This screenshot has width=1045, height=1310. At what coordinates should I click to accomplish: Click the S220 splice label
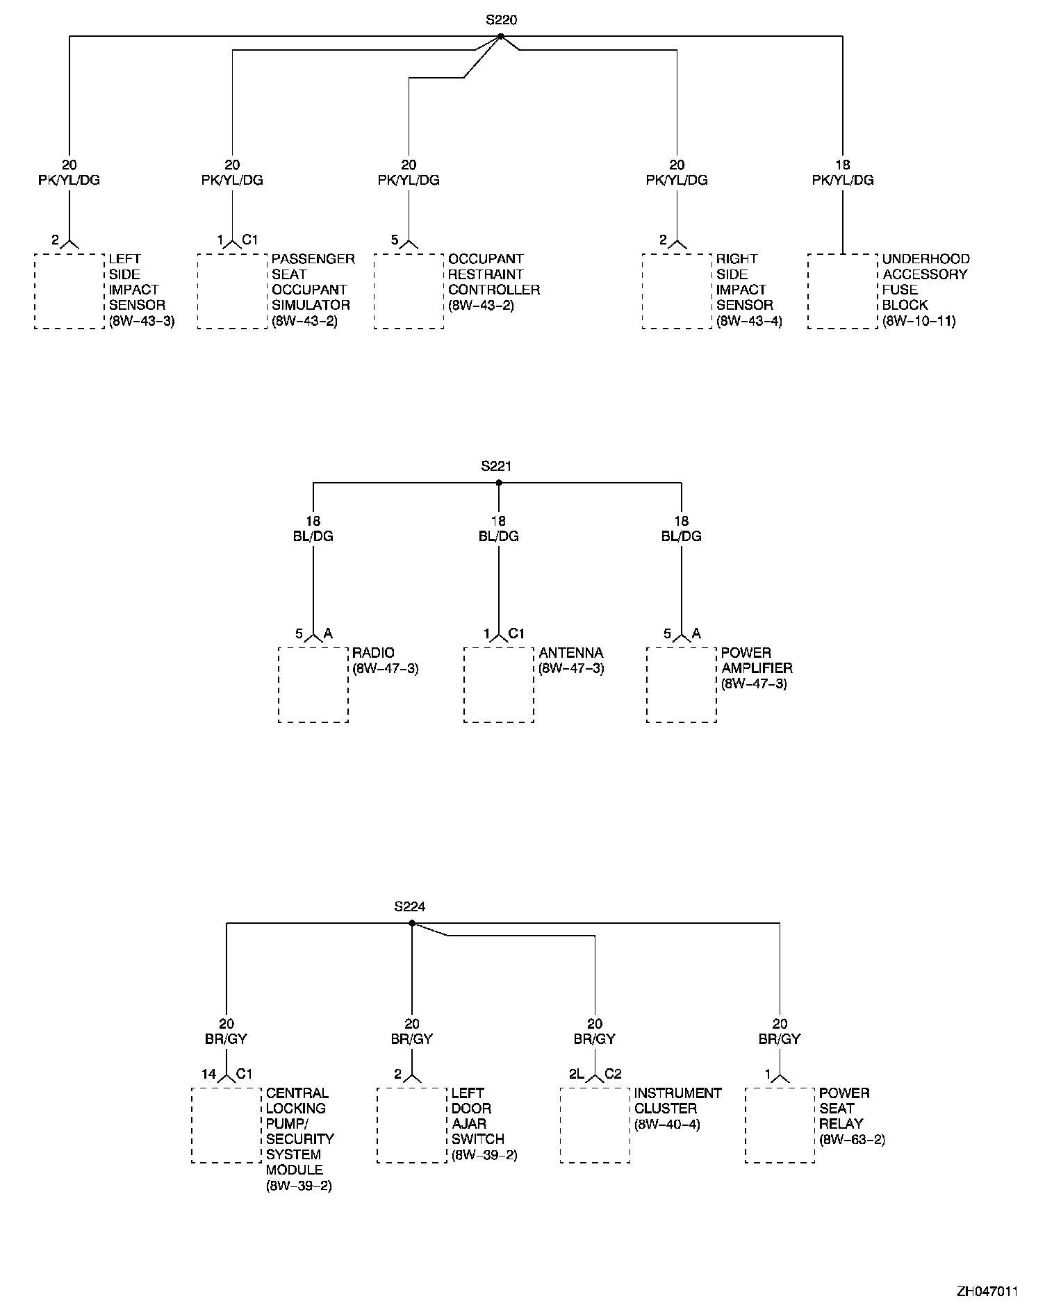[500, 20]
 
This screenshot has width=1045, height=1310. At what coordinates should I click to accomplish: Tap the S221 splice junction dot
[498, 483]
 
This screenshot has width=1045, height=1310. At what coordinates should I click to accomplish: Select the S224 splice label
[409, 906]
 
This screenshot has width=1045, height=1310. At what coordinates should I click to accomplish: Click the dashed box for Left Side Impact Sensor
[69, 291]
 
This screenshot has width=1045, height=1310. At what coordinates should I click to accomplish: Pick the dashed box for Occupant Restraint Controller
[409, 291]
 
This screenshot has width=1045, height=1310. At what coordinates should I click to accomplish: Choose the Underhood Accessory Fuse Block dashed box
[842, 291]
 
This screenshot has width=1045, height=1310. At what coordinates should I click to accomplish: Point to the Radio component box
[313, 685]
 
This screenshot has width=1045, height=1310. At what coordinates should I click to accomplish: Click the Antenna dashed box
[499, 685]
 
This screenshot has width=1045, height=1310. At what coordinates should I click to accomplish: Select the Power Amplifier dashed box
[681, 685]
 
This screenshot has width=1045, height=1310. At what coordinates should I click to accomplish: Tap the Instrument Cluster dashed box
[595, 1125]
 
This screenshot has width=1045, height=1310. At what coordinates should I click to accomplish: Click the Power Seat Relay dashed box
[780, 1125]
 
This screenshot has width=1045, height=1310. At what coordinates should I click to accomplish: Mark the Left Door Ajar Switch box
[412, 1125]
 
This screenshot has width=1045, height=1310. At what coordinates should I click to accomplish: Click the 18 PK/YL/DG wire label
[843, 173]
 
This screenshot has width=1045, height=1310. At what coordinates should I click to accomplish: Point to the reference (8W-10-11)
[919, 321]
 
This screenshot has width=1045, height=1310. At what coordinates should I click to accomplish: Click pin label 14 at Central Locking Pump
[209, 1074]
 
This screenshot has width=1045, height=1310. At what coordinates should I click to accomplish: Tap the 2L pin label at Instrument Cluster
[576, 1074]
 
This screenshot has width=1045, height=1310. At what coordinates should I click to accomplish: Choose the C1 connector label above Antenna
[516, 633]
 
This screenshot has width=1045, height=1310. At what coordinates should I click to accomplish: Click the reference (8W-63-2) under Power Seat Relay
[852, 1139]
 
